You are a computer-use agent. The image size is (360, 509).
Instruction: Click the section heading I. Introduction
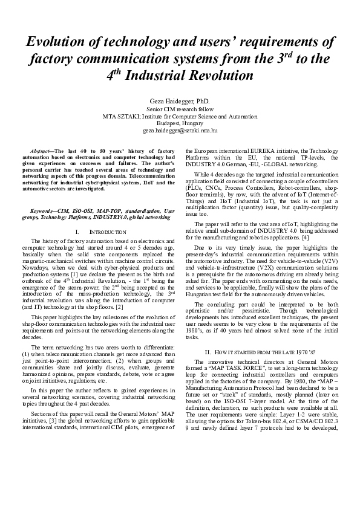pyautogui.click(x=99, y=232)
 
